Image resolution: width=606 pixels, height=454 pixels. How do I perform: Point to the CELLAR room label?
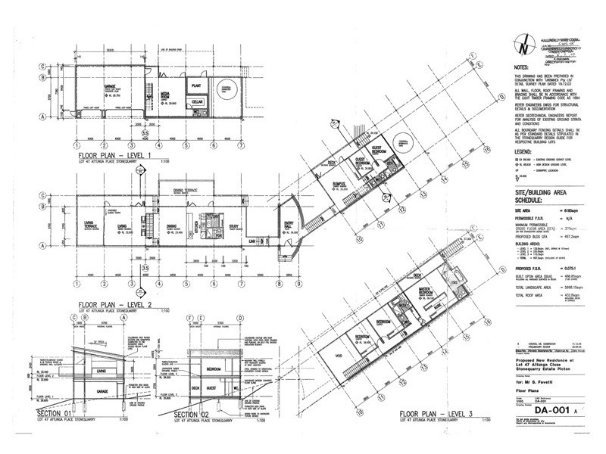(x=197, y=102)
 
